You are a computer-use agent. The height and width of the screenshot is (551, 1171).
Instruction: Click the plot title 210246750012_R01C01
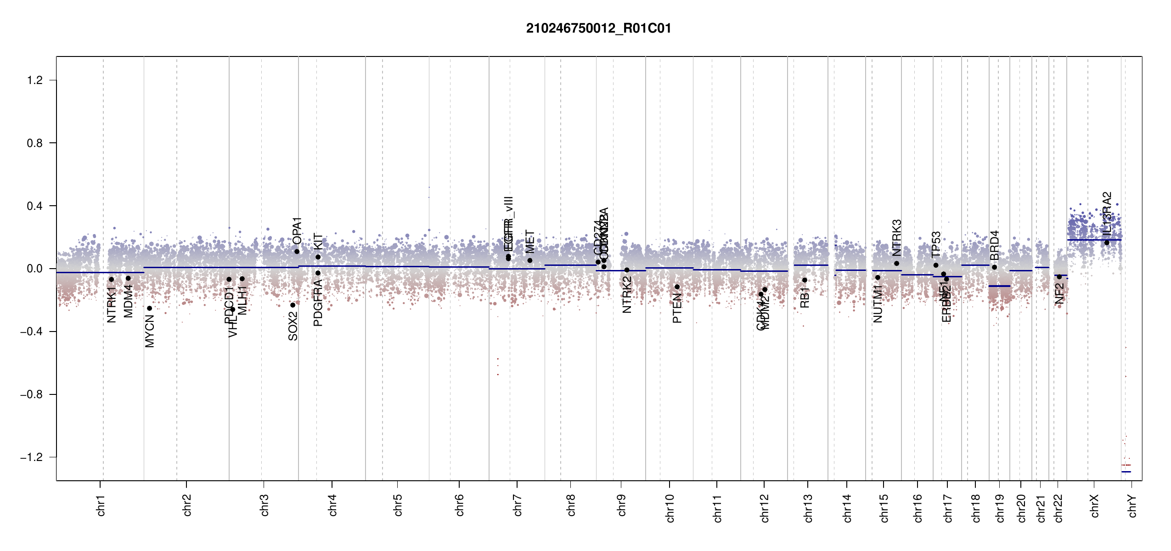click(598, 28)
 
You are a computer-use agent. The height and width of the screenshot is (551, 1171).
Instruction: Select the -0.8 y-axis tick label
click(31, 394)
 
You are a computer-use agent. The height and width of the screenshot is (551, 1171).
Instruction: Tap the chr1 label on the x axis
click(101, 505)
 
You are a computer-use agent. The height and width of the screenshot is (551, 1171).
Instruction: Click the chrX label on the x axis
click(1095, 506)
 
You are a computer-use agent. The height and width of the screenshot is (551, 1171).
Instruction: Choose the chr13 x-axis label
click(808, 508)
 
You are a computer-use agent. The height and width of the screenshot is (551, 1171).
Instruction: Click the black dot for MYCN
click(149, 308)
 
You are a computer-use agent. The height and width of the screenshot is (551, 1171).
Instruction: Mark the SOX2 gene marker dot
click(293, 305)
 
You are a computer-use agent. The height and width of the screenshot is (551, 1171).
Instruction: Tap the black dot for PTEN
click(677, 287)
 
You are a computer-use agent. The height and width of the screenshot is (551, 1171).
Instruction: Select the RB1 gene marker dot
click(805, 280)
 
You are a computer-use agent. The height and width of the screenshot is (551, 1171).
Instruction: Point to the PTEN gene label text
click(677, 309)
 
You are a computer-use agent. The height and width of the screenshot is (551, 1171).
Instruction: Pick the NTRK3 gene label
click(897, 237)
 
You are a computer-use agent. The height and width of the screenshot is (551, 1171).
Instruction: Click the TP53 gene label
click(936, 244)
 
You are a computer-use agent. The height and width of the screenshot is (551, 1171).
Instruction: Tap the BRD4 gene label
click(995, 245)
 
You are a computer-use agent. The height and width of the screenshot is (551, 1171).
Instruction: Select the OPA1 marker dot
click(297, 251)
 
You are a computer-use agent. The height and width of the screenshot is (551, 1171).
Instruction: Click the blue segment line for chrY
click(1126, 472)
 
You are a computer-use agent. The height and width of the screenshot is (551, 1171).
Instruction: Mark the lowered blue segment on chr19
click(999, 286)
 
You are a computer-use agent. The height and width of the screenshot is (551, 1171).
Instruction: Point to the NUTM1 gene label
click(878, 304)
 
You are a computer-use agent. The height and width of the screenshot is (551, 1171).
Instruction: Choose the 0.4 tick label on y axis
click(35, 206)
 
